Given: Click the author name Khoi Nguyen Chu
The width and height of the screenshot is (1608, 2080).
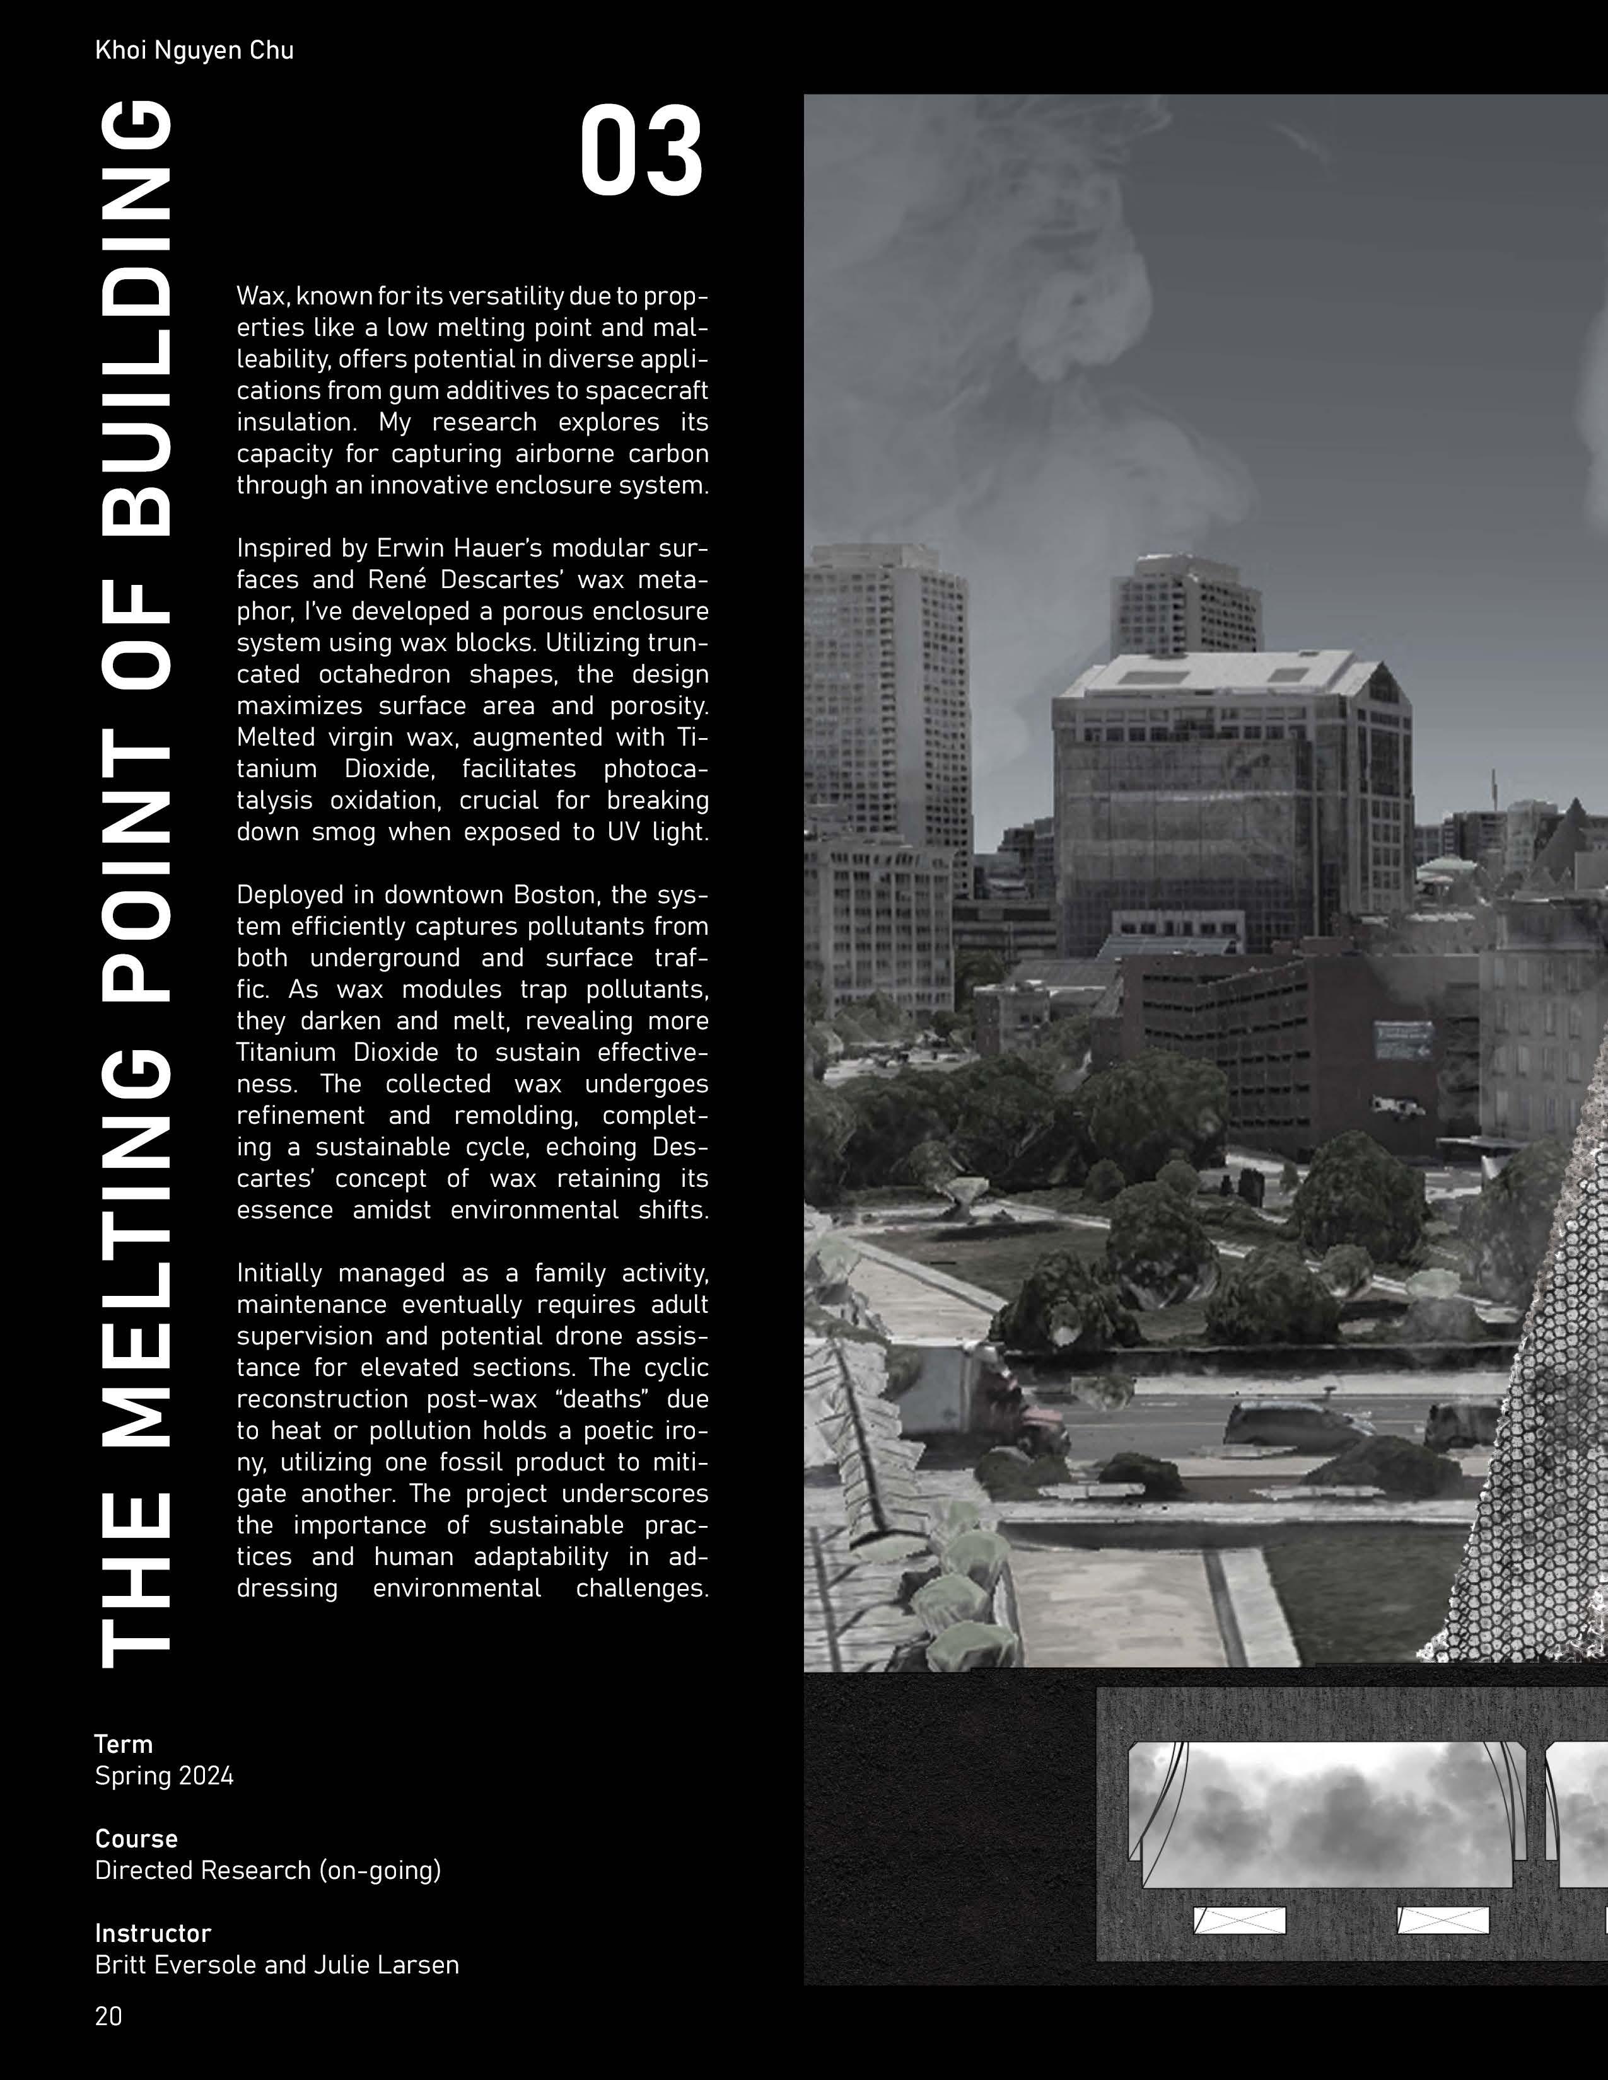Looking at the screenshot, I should pos(194,50).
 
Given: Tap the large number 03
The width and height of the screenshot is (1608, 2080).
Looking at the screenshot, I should pos(641,153).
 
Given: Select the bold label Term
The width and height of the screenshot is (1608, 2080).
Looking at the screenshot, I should pos(123,1744).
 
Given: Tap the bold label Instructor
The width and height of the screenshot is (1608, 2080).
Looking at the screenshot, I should pos(153,1933).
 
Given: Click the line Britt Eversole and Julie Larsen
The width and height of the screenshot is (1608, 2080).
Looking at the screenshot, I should pos(276,1964).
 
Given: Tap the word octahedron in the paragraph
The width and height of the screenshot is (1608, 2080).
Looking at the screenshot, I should pos(383,674).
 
